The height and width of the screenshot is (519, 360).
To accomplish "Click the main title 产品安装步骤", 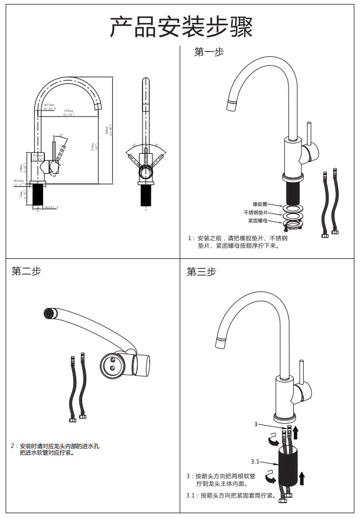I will click(181, 27).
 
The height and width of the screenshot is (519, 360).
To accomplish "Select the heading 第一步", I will click(209, 53).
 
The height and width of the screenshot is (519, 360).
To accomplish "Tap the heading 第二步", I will click(27, 271).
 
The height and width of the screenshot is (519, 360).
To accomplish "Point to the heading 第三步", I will click(202, 272).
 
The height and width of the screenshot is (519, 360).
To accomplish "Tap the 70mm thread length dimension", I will click(21, 194).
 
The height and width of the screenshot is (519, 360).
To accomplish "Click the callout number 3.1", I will click(255, 461).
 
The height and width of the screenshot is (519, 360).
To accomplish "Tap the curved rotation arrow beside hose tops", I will click(273, 440).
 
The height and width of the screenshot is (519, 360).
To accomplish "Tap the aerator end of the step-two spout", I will click(49, 312).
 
